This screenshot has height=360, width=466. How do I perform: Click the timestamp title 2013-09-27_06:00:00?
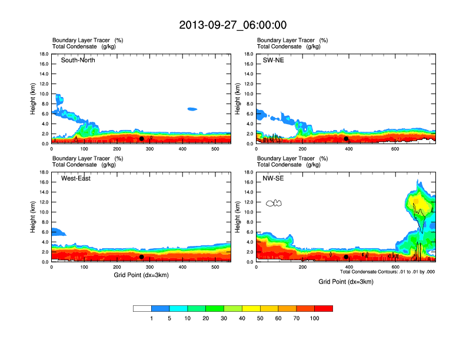232,25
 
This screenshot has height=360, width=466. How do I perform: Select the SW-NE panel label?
273,60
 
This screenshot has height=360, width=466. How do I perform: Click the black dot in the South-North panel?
142,139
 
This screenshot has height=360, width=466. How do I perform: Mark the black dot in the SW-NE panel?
346,139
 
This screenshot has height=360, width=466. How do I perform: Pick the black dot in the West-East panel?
142,257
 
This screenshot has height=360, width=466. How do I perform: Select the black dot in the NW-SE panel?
346,257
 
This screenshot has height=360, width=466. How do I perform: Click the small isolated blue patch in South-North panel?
192,109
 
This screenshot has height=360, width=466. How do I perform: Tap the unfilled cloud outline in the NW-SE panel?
274,203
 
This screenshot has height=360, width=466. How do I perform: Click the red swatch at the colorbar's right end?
324,308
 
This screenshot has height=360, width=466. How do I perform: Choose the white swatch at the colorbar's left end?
142,308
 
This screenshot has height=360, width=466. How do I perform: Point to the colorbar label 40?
242,318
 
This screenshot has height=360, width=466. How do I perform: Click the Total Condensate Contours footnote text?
388,272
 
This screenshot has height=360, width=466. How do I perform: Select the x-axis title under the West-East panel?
141,275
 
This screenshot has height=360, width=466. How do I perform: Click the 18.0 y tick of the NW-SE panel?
248,172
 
